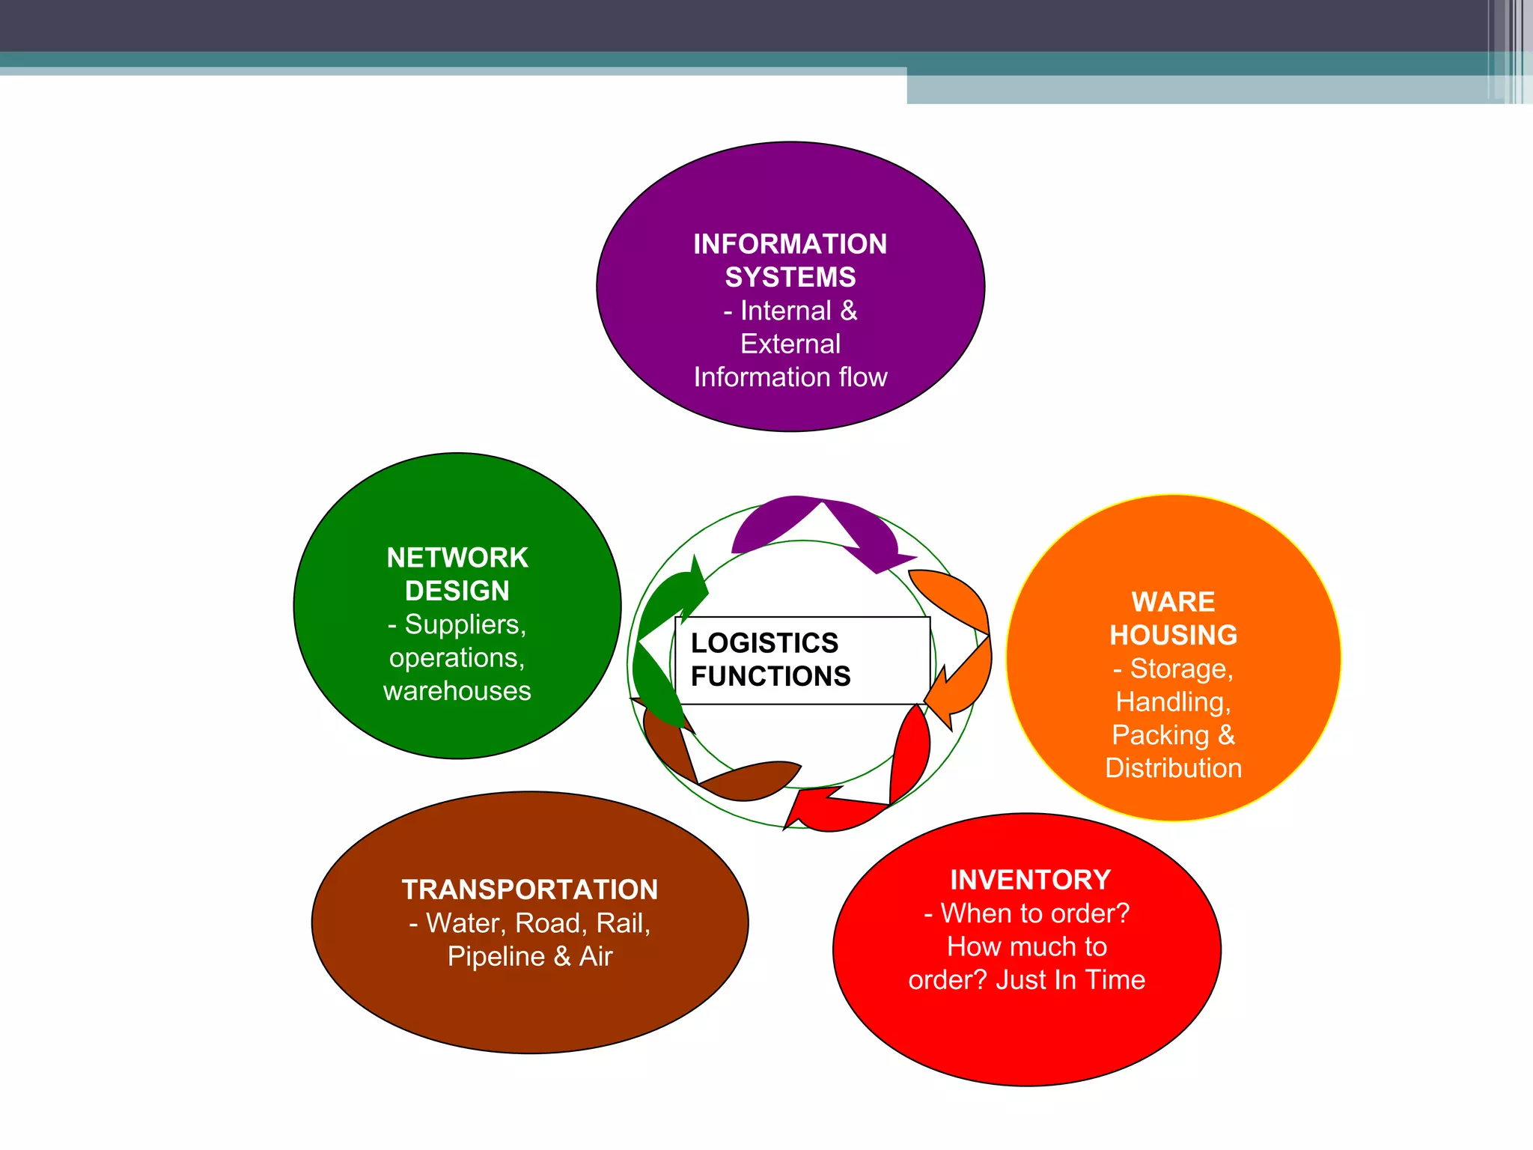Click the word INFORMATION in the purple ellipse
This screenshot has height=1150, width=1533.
(790, 244)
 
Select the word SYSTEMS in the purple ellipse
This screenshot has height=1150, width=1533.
(790, 278)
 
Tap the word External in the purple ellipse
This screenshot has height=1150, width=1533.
(790, 344)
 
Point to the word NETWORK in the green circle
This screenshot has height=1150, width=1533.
(457, 558)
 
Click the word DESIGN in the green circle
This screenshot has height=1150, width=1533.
(457, 591)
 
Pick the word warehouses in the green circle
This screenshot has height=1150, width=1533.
(457, 691)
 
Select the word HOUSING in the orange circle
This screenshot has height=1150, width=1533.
(1173, 636)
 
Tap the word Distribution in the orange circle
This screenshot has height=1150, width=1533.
(1173, 769)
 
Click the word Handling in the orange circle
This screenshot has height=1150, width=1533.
(1171, 702)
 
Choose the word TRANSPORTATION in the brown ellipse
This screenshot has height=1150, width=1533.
(530, 890)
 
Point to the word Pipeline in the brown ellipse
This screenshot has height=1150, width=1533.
(496, 957)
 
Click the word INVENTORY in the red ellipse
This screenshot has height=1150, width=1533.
(1030, 880)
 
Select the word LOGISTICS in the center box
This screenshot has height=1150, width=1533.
(764, 643)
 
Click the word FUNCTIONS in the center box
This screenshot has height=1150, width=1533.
(770, 677)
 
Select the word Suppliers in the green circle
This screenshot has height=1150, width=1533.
(465, 624)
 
